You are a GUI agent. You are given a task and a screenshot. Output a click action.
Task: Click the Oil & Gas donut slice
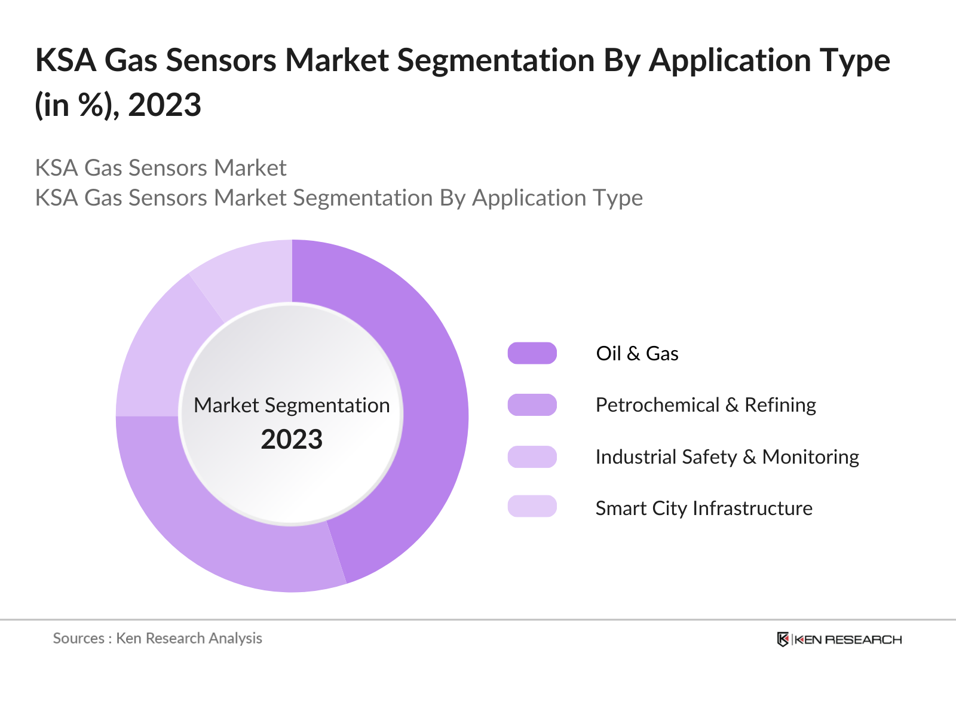tap(430, 388)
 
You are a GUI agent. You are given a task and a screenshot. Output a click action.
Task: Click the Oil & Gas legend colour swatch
tap(532, 353)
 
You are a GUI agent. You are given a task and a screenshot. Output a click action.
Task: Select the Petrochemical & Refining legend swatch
tap(532, 405)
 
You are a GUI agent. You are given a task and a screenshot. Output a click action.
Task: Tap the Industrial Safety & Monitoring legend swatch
tap(532, 456)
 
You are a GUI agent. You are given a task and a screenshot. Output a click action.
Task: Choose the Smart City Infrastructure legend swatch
tap(532, 506)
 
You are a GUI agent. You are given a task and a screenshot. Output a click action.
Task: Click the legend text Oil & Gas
tap(637, 353)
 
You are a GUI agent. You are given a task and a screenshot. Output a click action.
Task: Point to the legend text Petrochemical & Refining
tap(706, 405)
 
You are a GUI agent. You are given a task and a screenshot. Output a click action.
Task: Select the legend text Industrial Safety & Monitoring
tap(727, 456)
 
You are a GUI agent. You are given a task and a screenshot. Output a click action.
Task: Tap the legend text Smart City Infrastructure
tap(704, 508)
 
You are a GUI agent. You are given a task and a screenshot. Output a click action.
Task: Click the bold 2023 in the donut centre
tap(292, 439)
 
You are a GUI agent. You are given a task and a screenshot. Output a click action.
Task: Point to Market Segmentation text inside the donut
tap(292, 405)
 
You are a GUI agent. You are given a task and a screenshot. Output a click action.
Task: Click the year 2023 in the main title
tap(164, 105)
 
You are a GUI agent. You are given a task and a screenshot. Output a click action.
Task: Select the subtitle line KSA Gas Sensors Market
tap(161, 168)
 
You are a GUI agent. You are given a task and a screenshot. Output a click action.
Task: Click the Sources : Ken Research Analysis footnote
tap(158, 638)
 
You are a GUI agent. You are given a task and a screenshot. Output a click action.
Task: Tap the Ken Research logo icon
tap(783, 639)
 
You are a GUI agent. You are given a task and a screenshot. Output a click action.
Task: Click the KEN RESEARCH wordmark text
tap(848, 639)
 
